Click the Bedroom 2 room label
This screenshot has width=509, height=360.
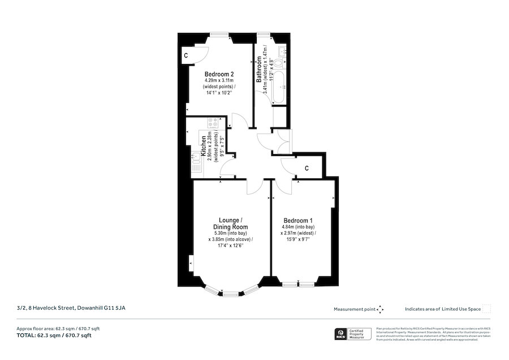219,74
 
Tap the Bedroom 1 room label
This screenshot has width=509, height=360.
298,220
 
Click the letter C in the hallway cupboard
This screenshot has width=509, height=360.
307,168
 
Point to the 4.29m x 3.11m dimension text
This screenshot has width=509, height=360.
219,81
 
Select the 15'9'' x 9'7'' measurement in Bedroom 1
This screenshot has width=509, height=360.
298,239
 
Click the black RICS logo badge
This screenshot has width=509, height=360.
340,334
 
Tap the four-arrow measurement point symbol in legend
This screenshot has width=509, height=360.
381,309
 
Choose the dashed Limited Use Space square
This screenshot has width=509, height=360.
486,308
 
